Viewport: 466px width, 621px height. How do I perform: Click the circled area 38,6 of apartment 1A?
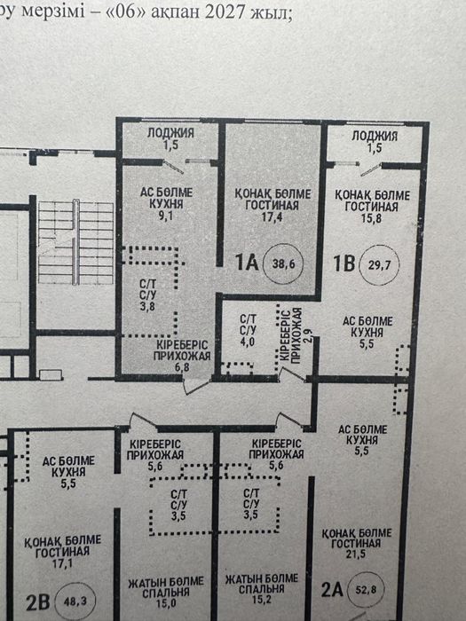click(x=283, y=263)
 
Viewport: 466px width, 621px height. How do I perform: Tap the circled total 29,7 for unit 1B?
click(x=379, y=264)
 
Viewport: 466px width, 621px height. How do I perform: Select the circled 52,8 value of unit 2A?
click(x=366, y=590)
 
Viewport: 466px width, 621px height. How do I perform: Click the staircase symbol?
click(x=75, y=242)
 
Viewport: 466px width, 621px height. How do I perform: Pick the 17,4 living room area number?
click(x=272, y=217)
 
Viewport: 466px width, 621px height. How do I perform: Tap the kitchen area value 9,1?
click(x=166, y=216)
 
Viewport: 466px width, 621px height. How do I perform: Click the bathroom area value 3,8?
click(x=147, y=306)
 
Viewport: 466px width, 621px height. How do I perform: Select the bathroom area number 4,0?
click(x=248, y=341)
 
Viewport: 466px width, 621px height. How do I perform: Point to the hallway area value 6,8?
click(x=182, y=367)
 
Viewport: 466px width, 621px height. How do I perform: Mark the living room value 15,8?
click(x=371, y=218)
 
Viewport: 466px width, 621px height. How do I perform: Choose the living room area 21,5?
click(x=356, y=554)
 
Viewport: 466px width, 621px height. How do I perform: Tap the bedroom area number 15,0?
click(x=166, y=604)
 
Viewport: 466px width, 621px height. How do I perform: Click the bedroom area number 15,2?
click(x=261, y=600)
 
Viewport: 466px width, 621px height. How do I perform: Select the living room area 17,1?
click(x=63, y=562)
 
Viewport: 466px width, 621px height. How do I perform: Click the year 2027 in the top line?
click(x=225, y=11)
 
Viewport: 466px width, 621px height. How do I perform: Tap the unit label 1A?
click(x=247, y=263)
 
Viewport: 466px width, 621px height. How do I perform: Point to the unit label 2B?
click(x=38, y=602)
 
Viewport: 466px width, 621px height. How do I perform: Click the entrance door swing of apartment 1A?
click(x=197, y=385)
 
